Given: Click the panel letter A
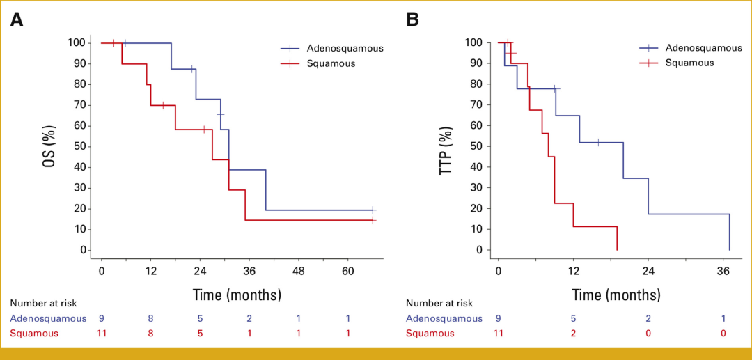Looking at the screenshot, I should [x=17, y=19].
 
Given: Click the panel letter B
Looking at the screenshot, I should [x=412, y=19].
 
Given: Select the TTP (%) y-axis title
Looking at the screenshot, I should [x=446, y=147].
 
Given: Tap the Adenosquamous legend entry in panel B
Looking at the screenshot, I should [x=703, y=48].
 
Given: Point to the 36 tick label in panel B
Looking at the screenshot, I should [x=723, y=270].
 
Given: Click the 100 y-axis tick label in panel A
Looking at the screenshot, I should [x=77, y=42].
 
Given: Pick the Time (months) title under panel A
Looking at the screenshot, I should [x=237, y=295].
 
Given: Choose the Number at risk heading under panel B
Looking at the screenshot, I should [x=439, y=303].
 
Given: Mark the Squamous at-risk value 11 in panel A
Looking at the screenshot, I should [x=102, y=333].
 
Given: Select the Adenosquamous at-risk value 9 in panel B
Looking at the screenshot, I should [x=497, y=318].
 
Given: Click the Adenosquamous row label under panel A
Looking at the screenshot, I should [x=48, y=318].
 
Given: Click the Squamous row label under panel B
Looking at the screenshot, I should [x=430, y=333].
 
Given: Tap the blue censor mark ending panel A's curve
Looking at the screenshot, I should [x=373, y=210].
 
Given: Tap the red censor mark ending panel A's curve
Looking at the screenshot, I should [x=373, y=220].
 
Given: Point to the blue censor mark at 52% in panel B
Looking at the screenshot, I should [x=598, y=142].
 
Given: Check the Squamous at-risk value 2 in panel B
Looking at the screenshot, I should [x=572, y=333].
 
